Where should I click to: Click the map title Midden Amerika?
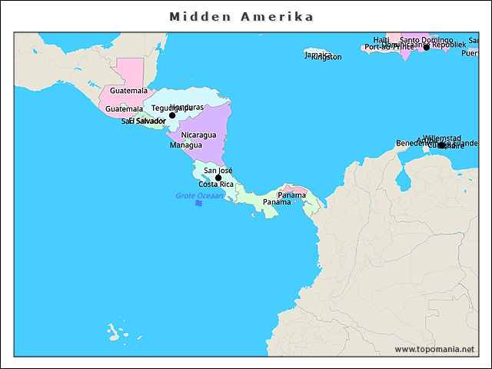[x=241, y=16]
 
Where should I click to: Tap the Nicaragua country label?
[x=198, y=135]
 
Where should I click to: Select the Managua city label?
[x=185, y=145]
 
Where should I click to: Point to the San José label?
[x=218, y=170]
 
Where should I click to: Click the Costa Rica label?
[x=216, y=184]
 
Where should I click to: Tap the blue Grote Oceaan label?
[x=198, y=196]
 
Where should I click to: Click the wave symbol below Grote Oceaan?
[x=198, y=204]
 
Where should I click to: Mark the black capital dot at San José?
[x=218, y=178]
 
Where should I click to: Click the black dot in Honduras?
[x=172, y=115]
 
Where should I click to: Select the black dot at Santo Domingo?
[x=427, y=48]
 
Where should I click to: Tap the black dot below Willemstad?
[x=441, y=145]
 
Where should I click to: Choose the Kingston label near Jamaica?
[x=327, y=57]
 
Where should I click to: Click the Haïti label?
[x=381, y=40]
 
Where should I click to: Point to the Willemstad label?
[x=441, y=138]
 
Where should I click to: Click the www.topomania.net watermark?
[x=434, y=349]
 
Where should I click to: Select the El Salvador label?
[x=147, y=121]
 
